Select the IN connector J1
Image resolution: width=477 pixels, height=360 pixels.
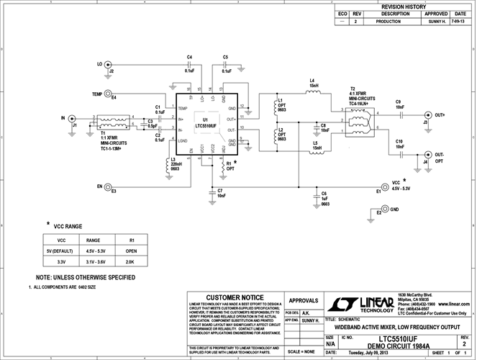click(73, 118)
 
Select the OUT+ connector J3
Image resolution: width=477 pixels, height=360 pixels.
click(429, 115)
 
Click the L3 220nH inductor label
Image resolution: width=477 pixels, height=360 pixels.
click(176, 164)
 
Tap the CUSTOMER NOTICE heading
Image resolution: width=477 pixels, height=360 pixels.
click(235, 297)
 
